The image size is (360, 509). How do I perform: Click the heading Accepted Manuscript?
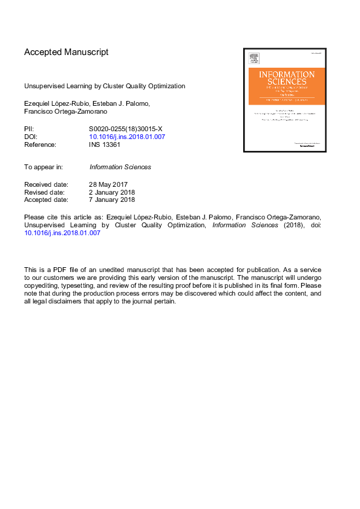point(67,52)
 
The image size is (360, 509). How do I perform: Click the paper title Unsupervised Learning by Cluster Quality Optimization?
point(105,86)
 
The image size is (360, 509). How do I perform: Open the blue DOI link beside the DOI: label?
point(127,137)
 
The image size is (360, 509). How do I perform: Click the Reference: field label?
point(40,144)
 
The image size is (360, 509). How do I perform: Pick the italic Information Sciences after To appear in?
point(120,167)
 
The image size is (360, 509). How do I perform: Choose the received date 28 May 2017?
point(108,184)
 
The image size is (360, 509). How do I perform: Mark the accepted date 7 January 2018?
point(112,199)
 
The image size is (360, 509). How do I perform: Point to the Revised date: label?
point(46,192)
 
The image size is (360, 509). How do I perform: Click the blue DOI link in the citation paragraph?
point(62,233)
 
